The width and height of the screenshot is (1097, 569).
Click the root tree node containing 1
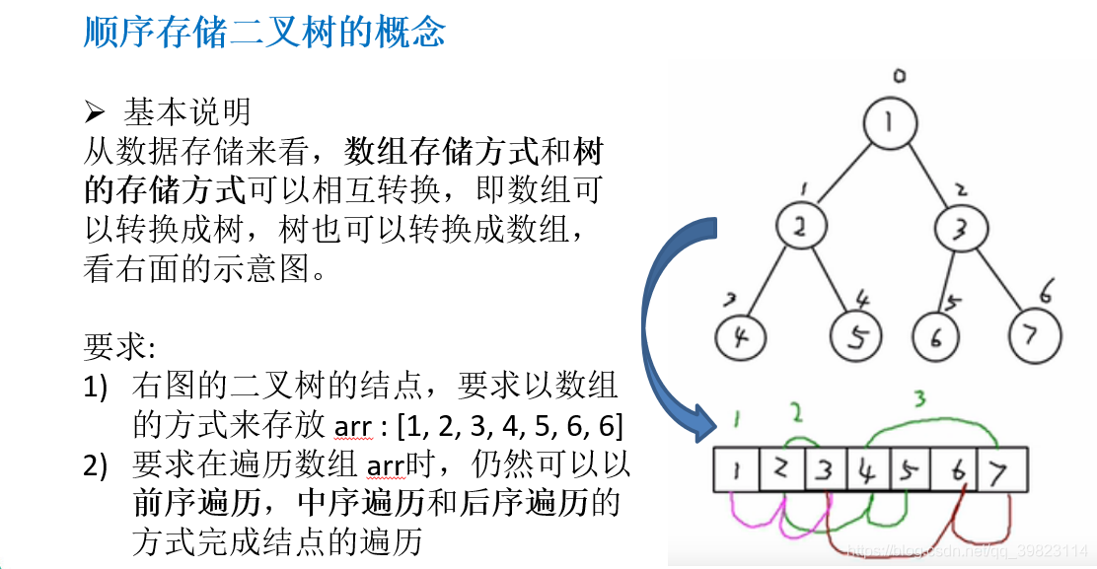point(890,124)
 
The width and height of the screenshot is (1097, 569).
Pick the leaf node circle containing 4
point(741,338)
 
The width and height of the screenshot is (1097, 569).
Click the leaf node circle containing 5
point(855,338)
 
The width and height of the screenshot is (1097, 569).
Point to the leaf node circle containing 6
point(935,337)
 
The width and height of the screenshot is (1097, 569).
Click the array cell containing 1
point(736,470)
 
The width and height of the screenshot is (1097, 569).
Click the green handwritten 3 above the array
point(919,398)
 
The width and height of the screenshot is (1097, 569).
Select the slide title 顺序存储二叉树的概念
point(264,34)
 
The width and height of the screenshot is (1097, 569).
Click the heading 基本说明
point(187,110)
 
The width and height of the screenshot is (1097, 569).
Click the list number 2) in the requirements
point(96,464)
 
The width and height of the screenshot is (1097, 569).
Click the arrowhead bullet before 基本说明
point(95,111)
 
